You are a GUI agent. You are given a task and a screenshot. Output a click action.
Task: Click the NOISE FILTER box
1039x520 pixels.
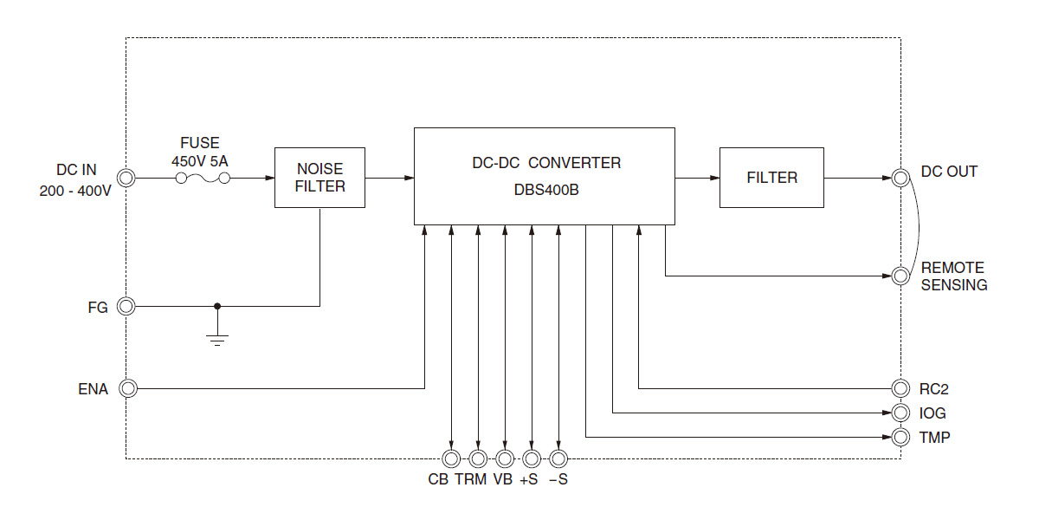coord(319,178)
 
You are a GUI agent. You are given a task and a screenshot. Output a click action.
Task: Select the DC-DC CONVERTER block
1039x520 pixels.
coord(544,176)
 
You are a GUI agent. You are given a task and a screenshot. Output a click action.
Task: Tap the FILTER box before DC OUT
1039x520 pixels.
coord(771,178)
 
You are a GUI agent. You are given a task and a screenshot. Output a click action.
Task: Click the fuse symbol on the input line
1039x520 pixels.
coord(203,178)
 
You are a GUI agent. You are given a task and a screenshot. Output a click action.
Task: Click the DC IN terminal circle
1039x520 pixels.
coord(127,178)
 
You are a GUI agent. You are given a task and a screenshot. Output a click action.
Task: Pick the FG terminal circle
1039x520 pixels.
coord(127,306)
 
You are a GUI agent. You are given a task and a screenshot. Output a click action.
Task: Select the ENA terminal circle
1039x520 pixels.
coord(127,388)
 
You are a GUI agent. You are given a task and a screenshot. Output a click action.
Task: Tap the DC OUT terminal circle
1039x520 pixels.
coord(900,178)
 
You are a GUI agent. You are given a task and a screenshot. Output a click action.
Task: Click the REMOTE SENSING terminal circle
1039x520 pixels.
coord(900,276)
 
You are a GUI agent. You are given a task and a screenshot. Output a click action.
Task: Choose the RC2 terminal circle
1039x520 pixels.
coord(900,388)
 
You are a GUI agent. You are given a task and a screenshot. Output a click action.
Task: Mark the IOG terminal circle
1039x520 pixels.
coord(900,413)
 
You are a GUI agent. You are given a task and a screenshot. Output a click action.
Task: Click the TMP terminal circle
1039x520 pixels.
coord(900,436)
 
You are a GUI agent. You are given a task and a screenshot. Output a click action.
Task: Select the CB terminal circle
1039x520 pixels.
coord(451,458)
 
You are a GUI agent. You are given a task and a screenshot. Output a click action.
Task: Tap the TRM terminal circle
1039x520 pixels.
coord(478,458)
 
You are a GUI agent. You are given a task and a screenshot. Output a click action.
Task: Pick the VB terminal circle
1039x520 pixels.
coord(505,458)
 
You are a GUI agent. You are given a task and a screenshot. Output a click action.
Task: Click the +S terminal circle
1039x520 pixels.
coord(532,458)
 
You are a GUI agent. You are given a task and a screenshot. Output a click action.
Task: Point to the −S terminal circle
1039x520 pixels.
coord(558,458)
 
